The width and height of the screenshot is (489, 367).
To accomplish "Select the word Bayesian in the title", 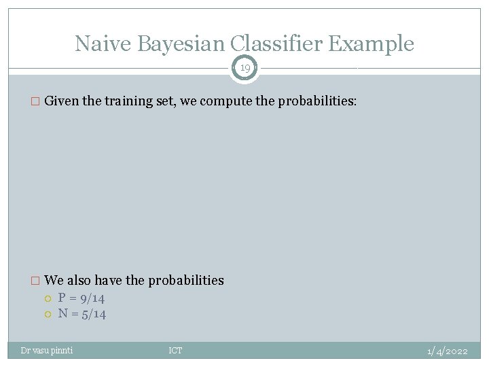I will pyautogui.click(x=181, y=43).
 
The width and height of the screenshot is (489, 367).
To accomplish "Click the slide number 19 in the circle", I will pyautogui.click(x=244, y=68).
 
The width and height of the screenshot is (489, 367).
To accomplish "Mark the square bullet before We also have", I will pyautogui.click(x=37, y=281).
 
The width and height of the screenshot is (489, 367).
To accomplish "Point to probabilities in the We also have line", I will pyautogui.click(x=186, y=280).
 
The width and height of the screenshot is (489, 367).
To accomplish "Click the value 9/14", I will pyautogui.click(x=91, y=298).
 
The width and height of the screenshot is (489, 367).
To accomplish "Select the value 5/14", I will pyautogui.click(x=92, y=313).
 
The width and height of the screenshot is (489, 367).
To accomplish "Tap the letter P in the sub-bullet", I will pyautogui.click(x=62, y=298).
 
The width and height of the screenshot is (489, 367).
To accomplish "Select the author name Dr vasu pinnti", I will pyautogui.click(x=47, y=351).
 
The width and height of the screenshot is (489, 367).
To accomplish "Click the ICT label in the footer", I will pyautogui.click(x=175, y=351).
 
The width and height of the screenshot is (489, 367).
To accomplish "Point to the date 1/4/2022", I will pyautogui.click(x=447, y=351).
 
